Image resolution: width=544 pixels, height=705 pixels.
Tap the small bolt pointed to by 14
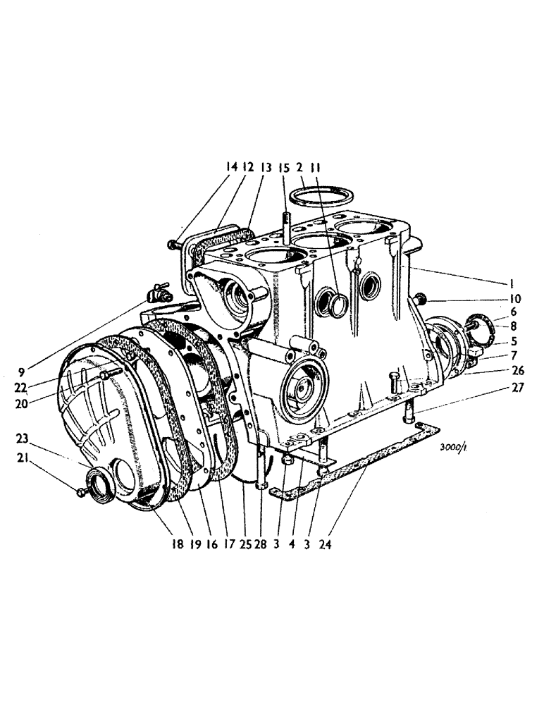[x=173, y=244]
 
